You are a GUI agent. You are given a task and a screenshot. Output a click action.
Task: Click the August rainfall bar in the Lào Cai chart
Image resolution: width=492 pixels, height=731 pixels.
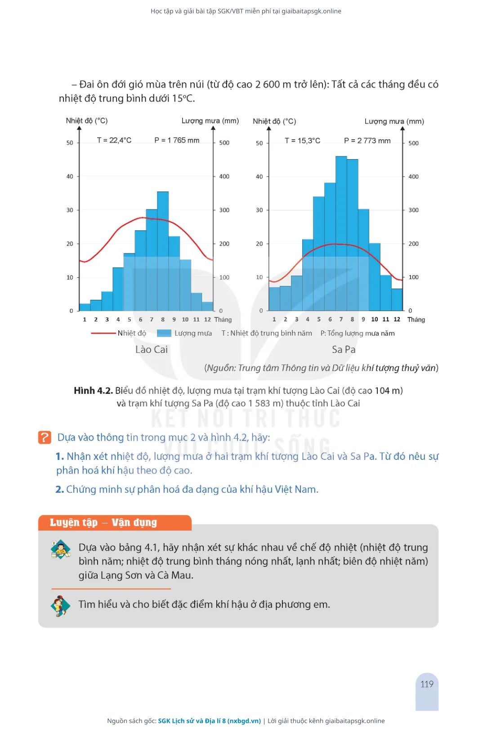coord(163,251)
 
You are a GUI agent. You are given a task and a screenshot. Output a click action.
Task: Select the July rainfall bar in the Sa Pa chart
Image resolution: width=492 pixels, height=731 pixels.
coord(341,233)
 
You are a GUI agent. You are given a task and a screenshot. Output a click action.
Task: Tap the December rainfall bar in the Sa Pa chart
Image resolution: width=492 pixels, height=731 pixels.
coord(397,299)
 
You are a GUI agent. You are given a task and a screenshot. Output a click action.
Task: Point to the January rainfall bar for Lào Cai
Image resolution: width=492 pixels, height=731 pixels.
coord(85,307)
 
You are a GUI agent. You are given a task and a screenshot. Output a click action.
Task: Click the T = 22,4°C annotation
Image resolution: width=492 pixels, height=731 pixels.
coord(114,140)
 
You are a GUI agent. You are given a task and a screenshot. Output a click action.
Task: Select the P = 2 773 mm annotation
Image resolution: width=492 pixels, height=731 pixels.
coord(367,141)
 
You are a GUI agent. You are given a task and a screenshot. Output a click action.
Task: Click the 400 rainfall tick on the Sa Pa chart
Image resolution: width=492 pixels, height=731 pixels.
coord(413,177)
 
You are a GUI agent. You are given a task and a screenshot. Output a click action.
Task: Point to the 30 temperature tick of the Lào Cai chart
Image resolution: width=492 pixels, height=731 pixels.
coord(70,210)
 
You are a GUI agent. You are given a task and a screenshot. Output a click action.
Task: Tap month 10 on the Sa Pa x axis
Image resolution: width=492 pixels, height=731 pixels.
coord(375,319)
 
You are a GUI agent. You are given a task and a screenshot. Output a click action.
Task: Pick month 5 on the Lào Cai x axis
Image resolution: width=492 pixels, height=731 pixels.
coord(129,320)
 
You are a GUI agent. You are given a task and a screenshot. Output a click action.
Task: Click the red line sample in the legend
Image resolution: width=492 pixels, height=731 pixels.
coord(103,333)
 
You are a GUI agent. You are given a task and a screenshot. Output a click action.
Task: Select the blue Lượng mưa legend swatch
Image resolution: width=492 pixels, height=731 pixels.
coord(164,333)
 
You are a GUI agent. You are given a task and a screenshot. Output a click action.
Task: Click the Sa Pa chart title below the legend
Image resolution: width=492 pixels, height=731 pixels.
coord(344,349)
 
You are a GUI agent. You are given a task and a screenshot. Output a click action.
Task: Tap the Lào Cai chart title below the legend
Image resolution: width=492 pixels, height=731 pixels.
coord(152,349)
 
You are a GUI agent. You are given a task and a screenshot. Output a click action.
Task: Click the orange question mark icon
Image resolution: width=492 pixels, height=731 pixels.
coord(45,437)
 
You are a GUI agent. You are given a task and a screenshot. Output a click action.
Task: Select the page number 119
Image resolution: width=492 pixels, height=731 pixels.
coord(427,684)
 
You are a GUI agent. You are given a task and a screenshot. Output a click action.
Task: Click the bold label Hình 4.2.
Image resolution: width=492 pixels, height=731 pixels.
coord(94,391)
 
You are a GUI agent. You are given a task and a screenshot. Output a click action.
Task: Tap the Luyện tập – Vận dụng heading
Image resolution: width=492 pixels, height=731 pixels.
coord(103,522)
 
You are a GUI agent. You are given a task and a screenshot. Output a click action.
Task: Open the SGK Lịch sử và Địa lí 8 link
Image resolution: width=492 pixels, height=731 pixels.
coord(209,721)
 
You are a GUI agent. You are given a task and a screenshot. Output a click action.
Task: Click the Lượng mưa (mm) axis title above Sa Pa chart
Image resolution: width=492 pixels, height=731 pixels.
coord(394,121)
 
